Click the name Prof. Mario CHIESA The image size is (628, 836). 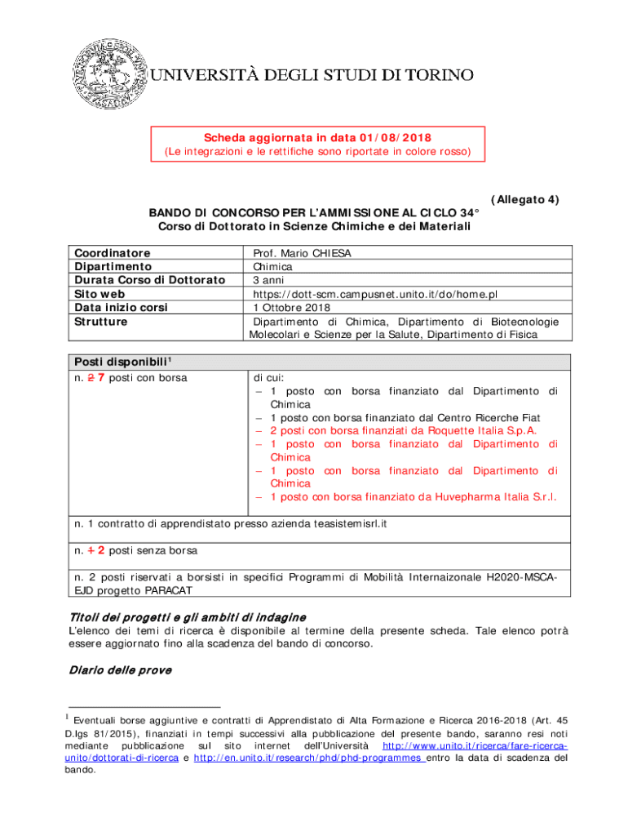click(x=302, y=254)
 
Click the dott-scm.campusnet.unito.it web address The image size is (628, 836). click(x=375, y=294)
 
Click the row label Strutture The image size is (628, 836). click(x=100, y=322)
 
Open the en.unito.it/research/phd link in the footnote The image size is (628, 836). click(x=309, y=758)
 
